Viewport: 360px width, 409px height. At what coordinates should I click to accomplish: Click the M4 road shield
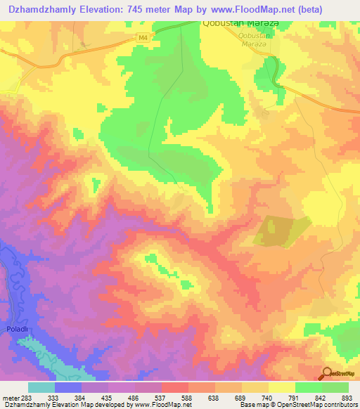[143, 37]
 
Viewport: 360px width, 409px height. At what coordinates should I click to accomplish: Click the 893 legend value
[346, 397]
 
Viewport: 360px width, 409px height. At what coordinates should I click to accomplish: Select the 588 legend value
[186, 397]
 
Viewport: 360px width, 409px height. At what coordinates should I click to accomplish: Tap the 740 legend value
[266, 397]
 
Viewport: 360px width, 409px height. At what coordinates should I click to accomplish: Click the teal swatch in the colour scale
[41, 387]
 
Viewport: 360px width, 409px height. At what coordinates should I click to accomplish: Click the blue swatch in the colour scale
[68, 387]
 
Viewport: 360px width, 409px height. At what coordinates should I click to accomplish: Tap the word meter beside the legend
[8, 397]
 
